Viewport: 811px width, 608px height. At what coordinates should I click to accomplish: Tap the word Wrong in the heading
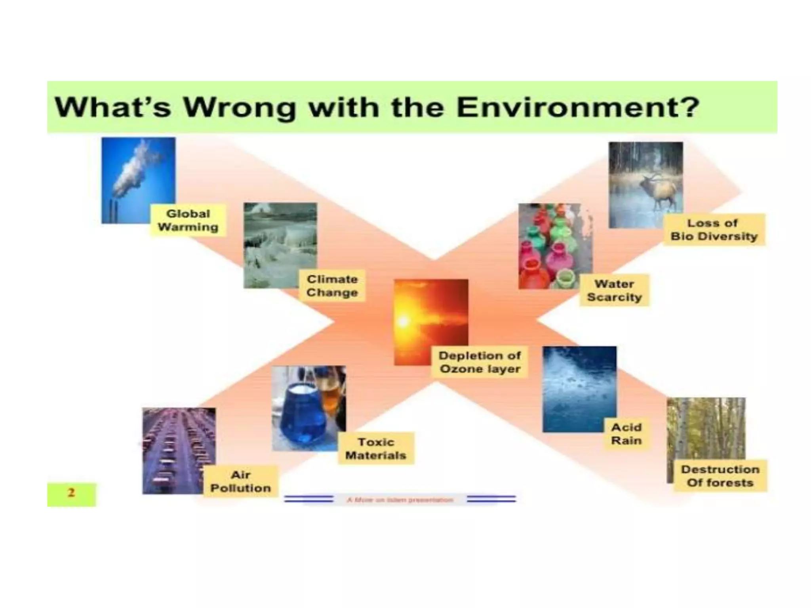(x=239, y=108)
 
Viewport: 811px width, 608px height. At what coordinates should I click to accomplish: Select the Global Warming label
(x=188, y=220)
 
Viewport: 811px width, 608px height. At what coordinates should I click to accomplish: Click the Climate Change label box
(x=332, y=286)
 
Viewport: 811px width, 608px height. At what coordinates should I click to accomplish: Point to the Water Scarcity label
(x=614, y=290)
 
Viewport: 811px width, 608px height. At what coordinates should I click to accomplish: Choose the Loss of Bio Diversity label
(x=714, y=230)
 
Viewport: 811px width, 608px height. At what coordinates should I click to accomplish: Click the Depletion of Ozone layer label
(x=480, y=362)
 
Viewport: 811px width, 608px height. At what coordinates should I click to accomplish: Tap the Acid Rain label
(x=626, y=434)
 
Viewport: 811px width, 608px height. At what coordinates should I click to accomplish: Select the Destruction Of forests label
(x=720, y=476)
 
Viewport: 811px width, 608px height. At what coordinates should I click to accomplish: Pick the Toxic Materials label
(x=376, y=448)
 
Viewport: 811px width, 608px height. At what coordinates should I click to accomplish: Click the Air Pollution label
(x=240, y=481)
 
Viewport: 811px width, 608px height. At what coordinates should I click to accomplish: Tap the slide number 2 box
(x=71, y=494)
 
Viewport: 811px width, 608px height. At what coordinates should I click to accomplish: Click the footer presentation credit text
(x=400, y=500)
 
